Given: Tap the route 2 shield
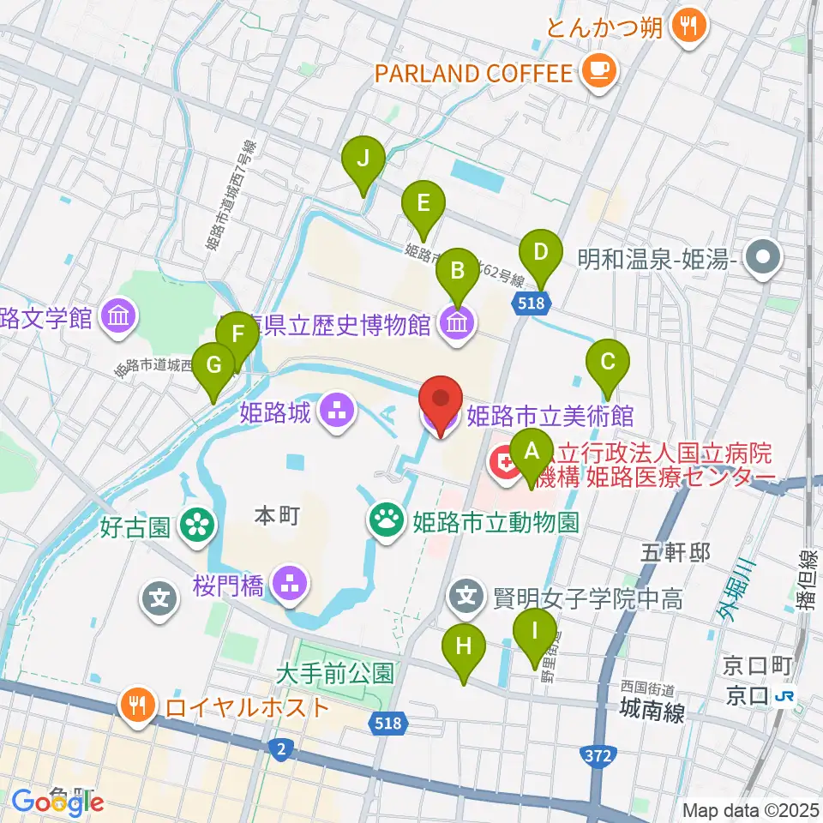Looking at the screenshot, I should [279, 749].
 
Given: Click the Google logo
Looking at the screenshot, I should [58, 802].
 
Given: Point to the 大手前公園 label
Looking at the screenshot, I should [335, 673].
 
